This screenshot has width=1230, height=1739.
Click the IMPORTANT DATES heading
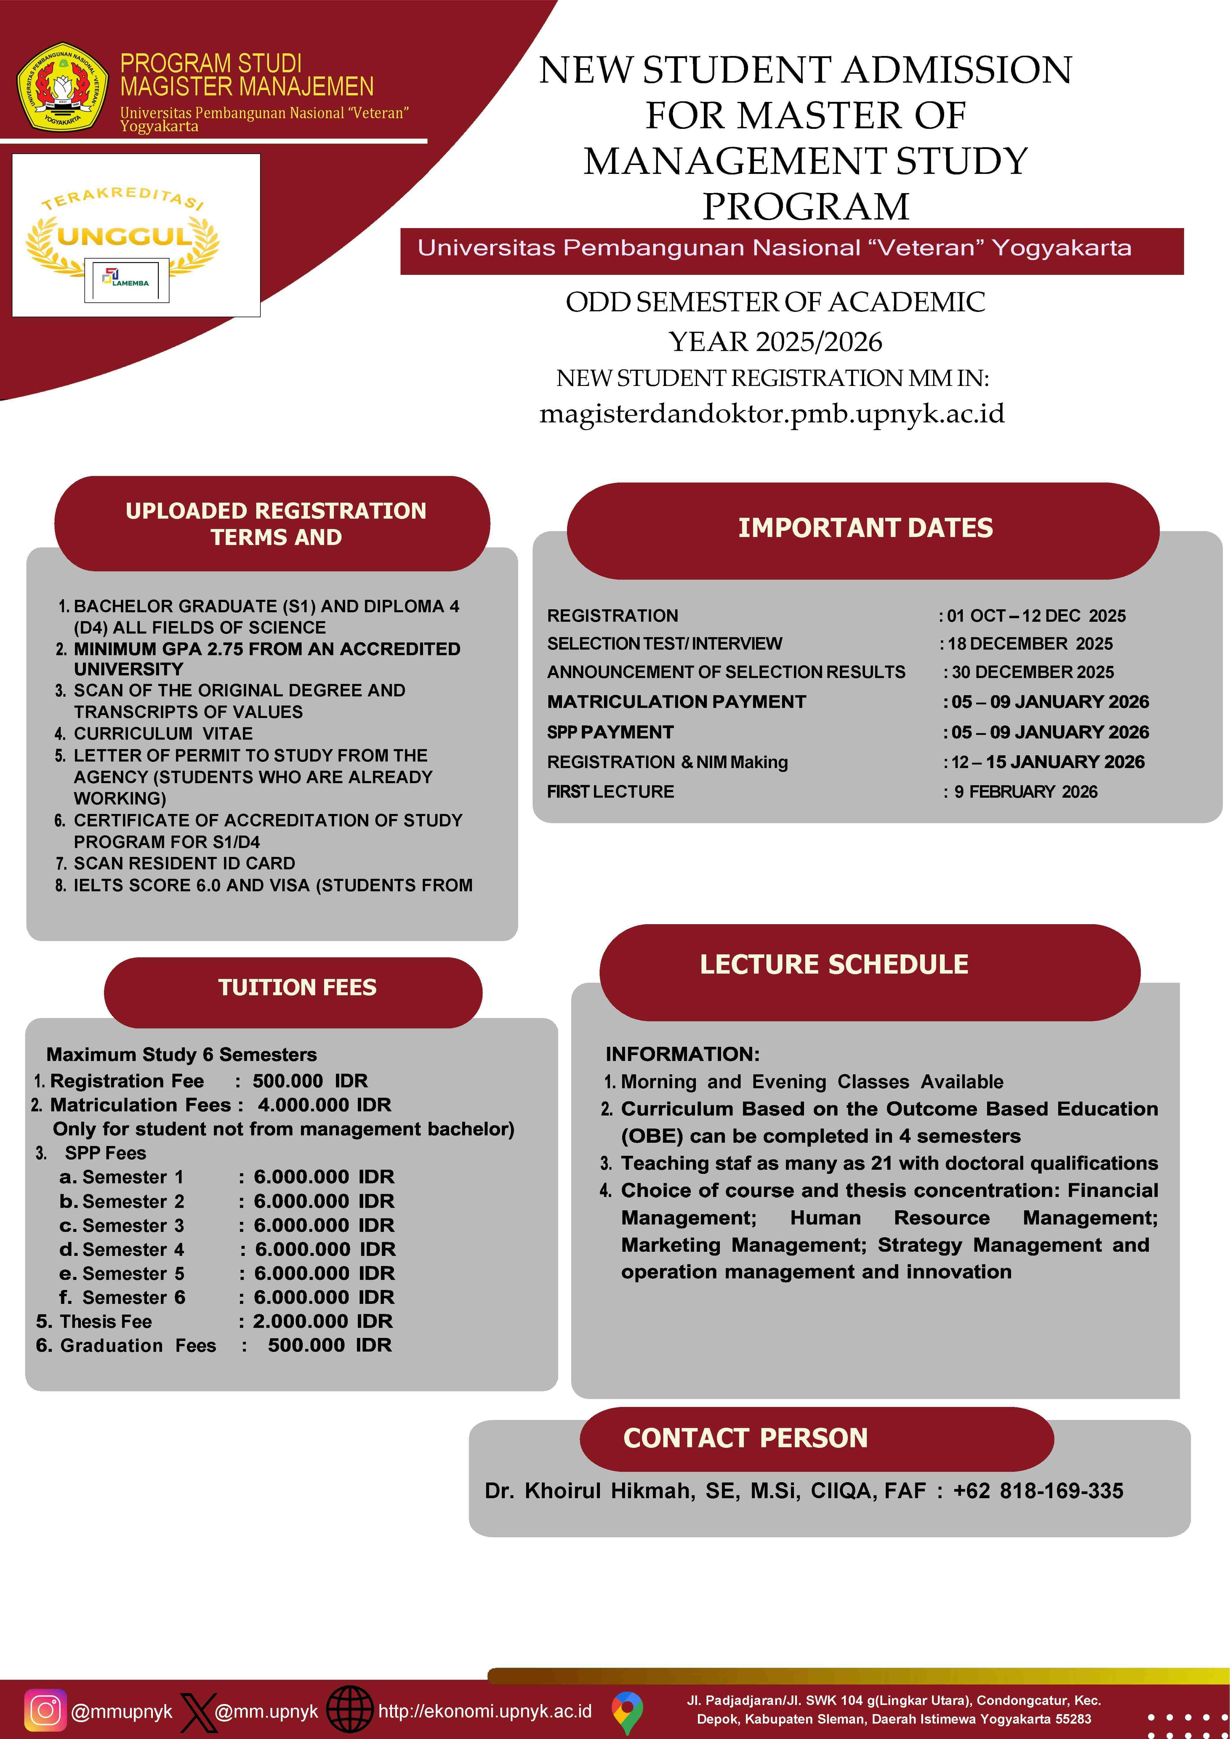tap(865, 528)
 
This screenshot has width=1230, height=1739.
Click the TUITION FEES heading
tap(297, 987)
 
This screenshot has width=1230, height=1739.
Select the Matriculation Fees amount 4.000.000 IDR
tap(324, 1105)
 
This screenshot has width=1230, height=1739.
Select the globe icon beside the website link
tap(350, 1710)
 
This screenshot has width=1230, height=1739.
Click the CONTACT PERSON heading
tap(745, 1437)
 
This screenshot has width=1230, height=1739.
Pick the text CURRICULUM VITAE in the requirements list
tap(163, 733)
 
